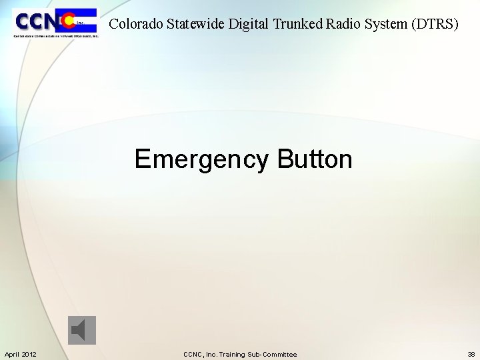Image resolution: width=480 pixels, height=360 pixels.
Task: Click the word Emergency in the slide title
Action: point(202,160)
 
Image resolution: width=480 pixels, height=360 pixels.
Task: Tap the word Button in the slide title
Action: point(315,160)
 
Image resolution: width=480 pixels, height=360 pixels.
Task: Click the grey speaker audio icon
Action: point(82,330)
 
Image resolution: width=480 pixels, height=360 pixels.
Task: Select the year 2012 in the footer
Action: point(29,354)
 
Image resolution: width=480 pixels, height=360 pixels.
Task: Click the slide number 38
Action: point(471,354)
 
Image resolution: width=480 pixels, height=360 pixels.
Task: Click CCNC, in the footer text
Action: point(193,354)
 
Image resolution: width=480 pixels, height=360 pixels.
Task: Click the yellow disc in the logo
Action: point(68,21)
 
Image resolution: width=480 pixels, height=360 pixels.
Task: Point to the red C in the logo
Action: point(65,21)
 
